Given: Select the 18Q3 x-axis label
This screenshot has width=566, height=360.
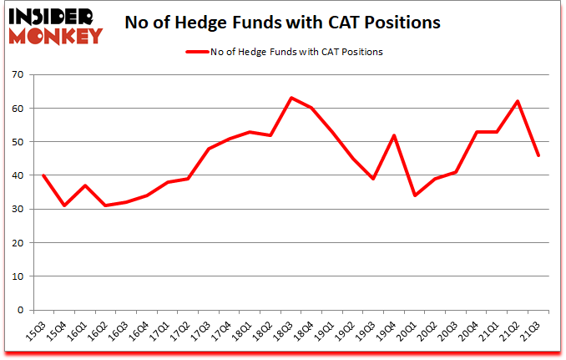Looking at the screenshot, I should tap(289, 332).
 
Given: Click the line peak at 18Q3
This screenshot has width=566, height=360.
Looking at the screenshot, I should tap(291, 98).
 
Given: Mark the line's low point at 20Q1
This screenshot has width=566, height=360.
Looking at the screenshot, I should tap(415, 195).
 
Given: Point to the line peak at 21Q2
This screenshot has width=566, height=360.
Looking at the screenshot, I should tap(518, 101).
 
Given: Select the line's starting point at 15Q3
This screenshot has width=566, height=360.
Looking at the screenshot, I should tap(42, 175).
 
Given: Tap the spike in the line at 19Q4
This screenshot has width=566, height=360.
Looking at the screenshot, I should tap(394, 135).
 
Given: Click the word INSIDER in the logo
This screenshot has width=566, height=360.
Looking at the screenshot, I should tap(52, 16).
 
